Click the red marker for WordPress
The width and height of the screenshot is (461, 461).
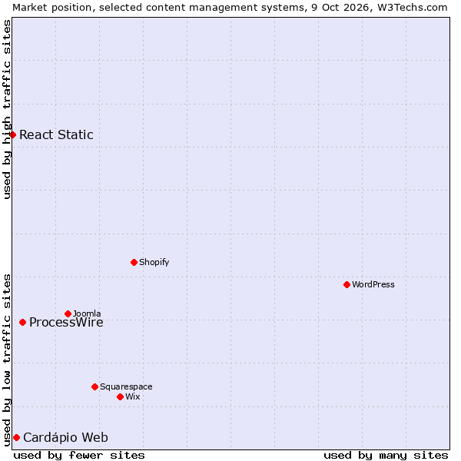(347, 284)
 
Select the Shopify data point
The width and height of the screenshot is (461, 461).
(134, 262)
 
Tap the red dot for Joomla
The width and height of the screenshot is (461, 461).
(68, 313)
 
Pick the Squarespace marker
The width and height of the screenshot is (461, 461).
(95, 386)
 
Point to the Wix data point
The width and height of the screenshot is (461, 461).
(120, 397)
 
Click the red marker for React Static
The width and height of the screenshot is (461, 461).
(12, 134)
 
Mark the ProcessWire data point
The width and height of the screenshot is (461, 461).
(22, 322)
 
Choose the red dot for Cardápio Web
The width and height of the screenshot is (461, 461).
(16, 437)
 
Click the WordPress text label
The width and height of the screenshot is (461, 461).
(373, 284)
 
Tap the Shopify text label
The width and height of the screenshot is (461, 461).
(154, 262)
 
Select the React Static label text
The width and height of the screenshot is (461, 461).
(56, 134)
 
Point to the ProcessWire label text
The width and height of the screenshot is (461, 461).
(66, 322)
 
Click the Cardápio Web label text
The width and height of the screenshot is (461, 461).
(65, 437)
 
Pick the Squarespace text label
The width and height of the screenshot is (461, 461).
(126, 387)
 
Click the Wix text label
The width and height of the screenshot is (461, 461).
(133, 397)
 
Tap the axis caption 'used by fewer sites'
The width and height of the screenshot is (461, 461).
(79, 456)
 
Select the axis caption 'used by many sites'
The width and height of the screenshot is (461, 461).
(386, 456)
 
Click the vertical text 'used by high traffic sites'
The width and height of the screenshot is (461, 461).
(6, 109)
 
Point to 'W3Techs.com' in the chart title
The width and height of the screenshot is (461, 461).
(413, 8)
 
